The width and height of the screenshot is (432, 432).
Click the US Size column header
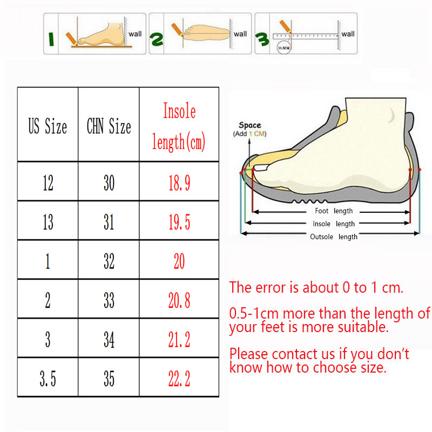point(48,126)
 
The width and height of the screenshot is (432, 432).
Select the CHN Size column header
point(109,126)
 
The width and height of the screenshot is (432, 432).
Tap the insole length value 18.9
point(179,183)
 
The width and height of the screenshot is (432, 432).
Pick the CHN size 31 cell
point(109,222)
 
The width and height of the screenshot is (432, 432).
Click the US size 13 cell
point(48,222)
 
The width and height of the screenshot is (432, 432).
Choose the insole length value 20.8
point(179,300)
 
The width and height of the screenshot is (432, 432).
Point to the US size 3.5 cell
point(48,379)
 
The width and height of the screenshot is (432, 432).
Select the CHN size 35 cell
point(109,379)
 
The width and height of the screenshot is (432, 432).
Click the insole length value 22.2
point(179,379)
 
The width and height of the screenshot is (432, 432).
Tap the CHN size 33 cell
point(109,300)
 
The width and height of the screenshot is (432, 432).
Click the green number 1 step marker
point(51,39)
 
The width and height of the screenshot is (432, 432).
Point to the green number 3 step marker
point(262,39)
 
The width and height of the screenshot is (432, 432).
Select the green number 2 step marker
point(156,39)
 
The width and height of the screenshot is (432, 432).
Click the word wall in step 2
point(240,34)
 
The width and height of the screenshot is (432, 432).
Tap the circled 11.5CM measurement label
point(284,48)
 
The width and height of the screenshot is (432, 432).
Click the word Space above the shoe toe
point(250,125)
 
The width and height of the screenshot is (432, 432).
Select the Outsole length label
point(334,237)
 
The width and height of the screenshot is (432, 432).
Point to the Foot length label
point(334,211)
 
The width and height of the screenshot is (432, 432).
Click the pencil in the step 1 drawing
point(71,39)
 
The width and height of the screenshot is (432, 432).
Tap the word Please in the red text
point(248,354)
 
